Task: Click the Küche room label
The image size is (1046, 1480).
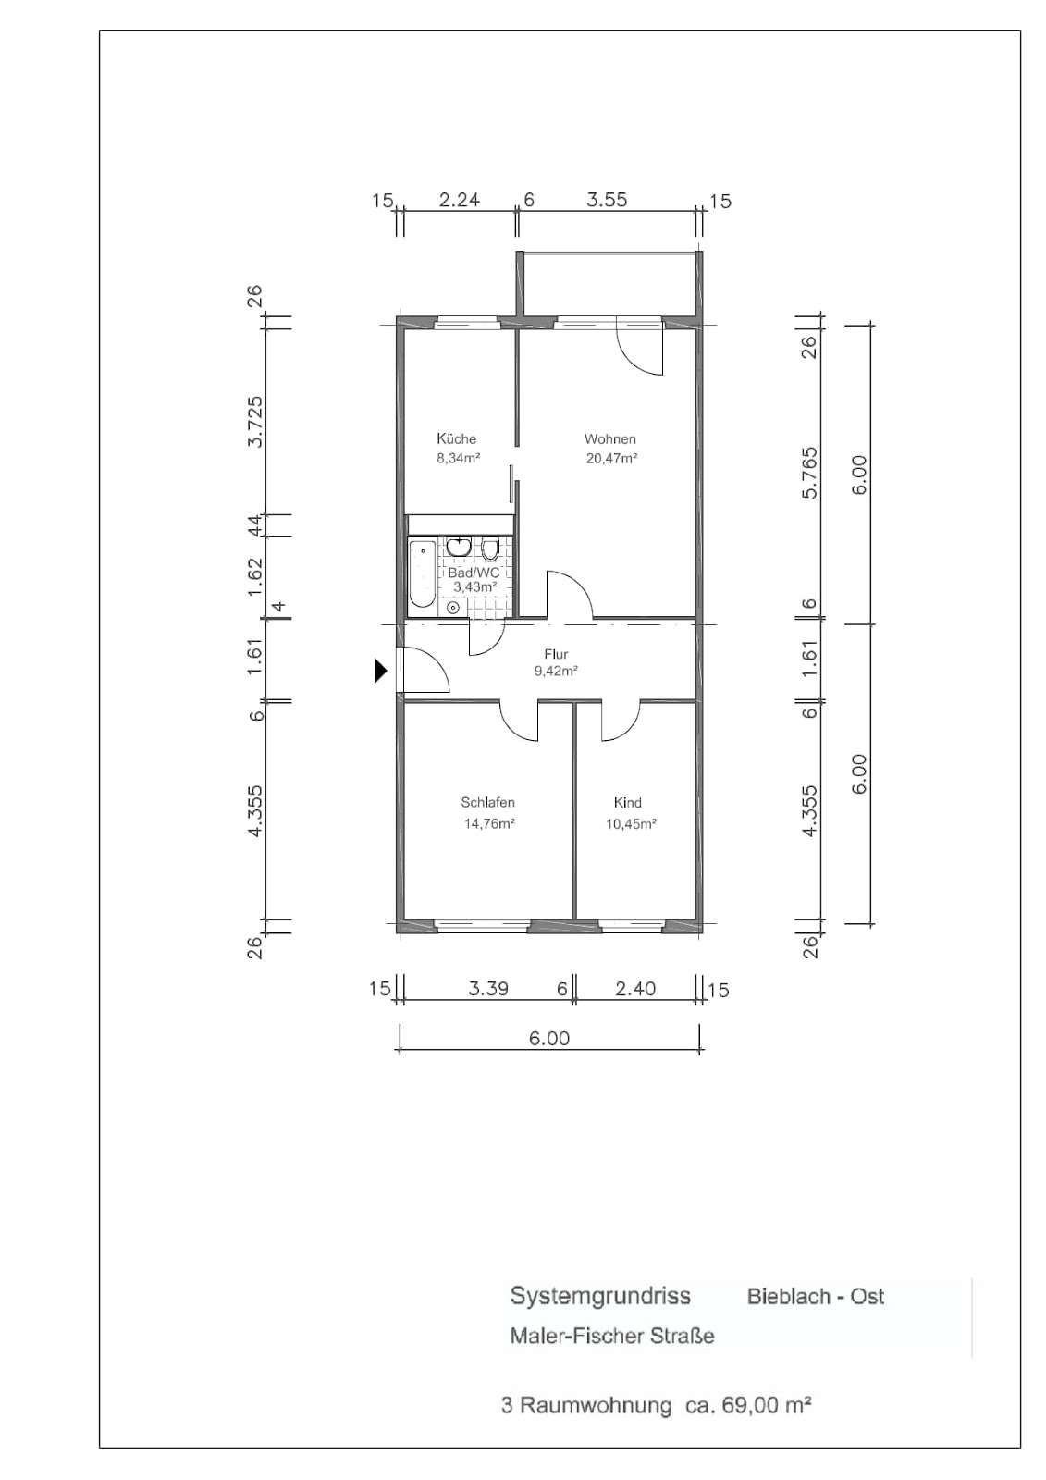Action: [x=456, y=438]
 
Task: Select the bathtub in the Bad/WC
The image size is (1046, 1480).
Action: [x=423, y=573]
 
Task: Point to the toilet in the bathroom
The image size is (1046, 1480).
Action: [x=489, y=549]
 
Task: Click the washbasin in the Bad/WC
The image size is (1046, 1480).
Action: [x=458, y=547]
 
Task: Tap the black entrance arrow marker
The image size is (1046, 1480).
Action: [x=380, y=671]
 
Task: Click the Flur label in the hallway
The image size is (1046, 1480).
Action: [x=556, y=654]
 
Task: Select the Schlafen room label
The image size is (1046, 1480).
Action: [x=487, y=802]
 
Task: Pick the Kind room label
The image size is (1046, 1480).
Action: [x=627, y=802]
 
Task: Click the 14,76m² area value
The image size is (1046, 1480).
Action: [x=489, y=824]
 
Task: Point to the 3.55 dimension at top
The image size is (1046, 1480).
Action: [x=607, y=200]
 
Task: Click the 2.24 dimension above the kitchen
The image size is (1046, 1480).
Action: [x=460, y=200]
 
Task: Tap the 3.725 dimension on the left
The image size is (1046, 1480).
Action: [x=254, y=422]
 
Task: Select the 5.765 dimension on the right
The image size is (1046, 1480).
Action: [x=809, y=473]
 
